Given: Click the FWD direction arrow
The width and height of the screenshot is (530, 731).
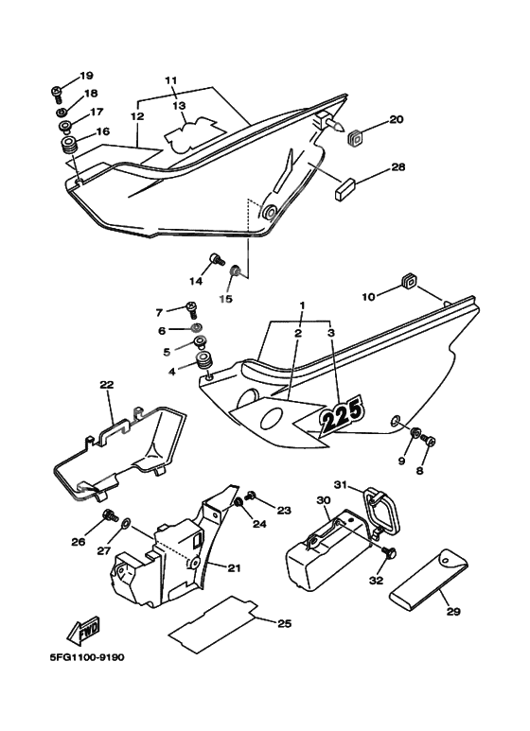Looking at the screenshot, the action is [x=84, y=633].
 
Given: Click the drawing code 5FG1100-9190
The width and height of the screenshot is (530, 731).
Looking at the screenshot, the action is [x=87, y=657].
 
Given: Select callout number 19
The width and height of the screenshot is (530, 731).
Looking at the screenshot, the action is [x=86, y=76].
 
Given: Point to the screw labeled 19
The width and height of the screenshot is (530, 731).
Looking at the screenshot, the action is [x=57, y=94].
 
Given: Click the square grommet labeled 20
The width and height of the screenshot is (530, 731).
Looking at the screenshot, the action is [x=357, y=137].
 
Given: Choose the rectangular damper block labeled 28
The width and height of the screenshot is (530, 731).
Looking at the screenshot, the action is [x=344, y=189].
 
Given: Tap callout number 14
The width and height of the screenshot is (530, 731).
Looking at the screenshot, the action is [x=196, y=281].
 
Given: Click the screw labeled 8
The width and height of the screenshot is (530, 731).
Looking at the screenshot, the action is [x=428, y=439].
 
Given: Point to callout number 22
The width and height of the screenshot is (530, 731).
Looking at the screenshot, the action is [x=107, y=385].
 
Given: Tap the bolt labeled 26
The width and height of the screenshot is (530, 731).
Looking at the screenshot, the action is [x=110, y=516].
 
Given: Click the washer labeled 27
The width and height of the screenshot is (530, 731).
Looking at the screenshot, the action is [x=126, y=525].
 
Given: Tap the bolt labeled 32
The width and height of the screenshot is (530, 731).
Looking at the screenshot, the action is [x=388, y=554].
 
